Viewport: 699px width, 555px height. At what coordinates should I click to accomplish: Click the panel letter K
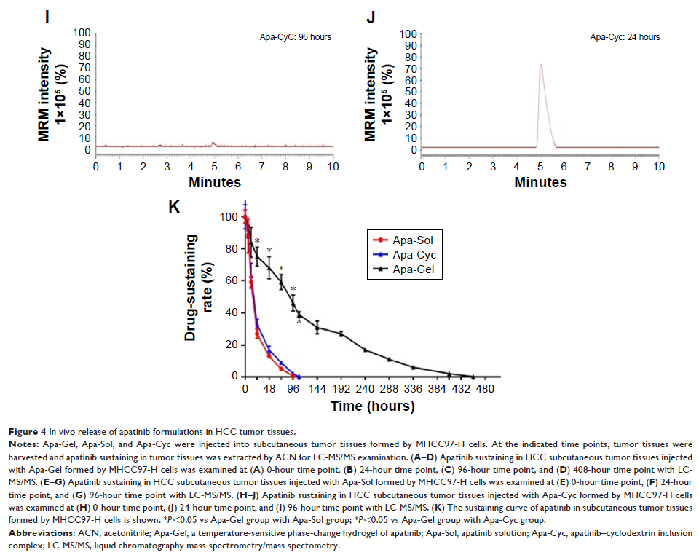point(174,207)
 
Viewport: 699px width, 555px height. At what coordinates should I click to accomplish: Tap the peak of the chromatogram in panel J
point(540,65)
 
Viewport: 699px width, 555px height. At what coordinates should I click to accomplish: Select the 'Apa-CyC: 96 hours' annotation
point(296,36)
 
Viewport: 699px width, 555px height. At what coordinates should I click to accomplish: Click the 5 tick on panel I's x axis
point(214,165)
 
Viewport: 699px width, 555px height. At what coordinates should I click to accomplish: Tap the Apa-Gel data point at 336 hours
point(413,367)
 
